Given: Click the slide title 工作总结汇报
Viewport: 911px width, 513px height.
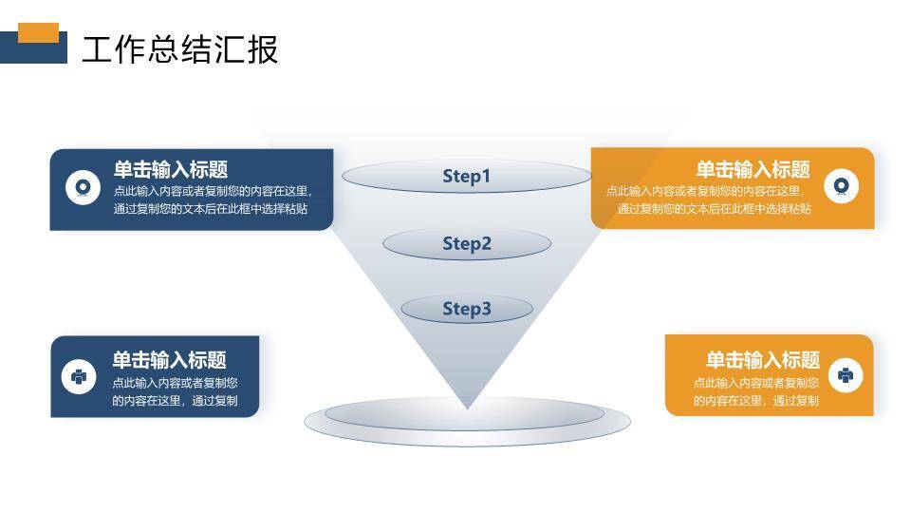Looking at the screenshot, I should coord(179,49).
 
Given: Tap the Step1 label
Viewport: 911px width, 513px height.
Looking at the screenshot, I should coord(466,176).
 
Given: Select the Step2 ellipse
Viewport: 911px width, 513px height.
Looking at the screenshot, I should coord(466,244).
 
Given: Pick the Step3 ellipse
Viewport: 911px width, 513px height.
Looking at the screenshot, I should coord(466,309).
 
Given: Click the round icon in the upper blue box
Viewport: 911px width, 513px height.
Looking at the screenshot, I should coord(83,187).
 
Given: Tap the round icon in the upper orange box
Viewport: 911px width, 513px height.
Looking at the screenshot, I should coord(841,186).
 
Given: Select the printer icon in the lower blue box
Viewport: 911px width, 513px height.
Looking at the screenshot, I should coord(79,376).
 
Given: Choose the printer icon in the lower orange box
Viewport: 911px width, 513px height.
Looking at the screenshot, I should coord(846,375).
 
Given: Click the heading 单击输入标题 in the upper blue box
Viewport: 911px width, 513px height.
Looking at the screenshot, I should coord(171,169).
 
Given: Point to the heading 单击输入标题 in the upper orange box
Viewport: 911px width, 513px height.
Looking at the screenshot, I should coord(753,169).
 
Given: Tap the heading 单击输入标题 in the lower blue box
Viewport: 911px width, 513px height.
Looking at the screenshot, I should coord(170,360).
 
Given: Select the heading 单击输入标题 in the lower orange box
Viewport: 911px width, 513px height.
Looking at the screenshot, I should coord(762,360).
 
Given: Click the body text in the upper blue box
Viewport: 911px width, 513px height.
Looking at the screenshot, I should coord(211,199).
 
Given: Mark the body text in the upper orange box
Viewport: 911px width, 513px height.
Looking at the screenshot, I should coord(709,199).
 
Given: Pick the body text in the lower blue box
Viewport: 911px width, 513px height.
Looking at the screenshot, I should coord(175,391).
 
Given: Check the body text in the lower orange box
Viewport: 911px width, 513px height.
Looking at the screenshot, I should coord(755,391).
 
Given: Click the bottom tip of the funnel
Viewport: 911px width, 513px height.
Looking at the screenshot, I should coord(467,406).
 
